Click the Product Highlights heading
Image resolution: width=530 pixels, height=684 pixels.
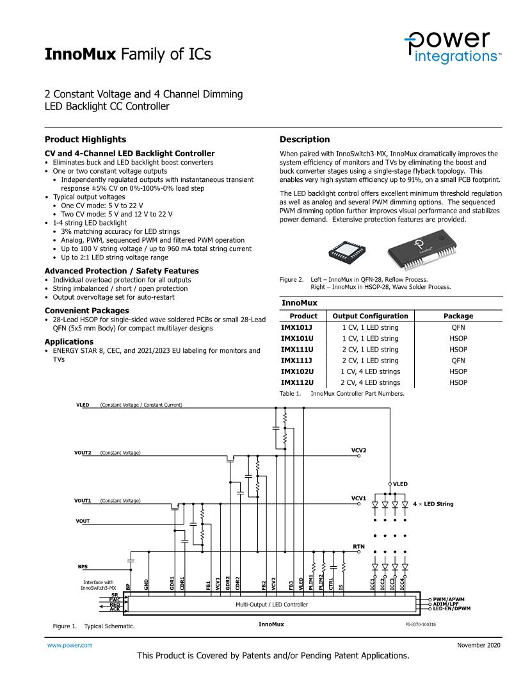click(85, 140)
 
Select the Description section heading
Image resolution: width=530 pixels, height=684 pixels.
click(305, 140)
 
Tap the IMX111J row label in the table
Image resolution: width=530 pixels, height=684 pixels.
click(297, 361)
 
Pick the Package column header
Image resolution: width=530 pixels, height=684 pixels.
click(458, 316)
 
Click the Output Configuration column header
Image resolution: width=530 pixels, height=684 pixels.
click(370, 316)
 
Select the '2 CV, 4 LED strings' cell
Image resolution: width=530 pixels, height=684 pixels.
click(370, 382)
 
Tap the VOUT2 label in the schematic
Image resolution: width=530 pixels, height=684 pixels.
click(83, 453)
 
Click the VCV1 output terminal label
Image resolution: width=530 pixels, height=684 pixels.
click(358, 498)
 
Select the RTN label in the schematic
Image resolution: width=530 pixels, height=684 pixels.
click(358, 546)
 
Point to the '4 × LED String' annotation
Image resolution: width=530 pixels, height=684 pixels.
click(433, 504)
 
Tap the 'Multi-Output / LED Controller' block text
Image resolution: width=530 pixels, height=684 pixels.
click(271, 604)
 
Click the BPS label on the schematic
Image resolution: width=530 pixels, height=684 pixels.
click(83, 567)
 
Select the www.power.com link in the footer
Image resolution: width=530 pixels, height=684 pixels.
click(70, 646)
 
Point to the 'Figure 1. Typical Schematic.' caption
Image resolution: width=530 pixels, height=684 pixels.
click(93, 626)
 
